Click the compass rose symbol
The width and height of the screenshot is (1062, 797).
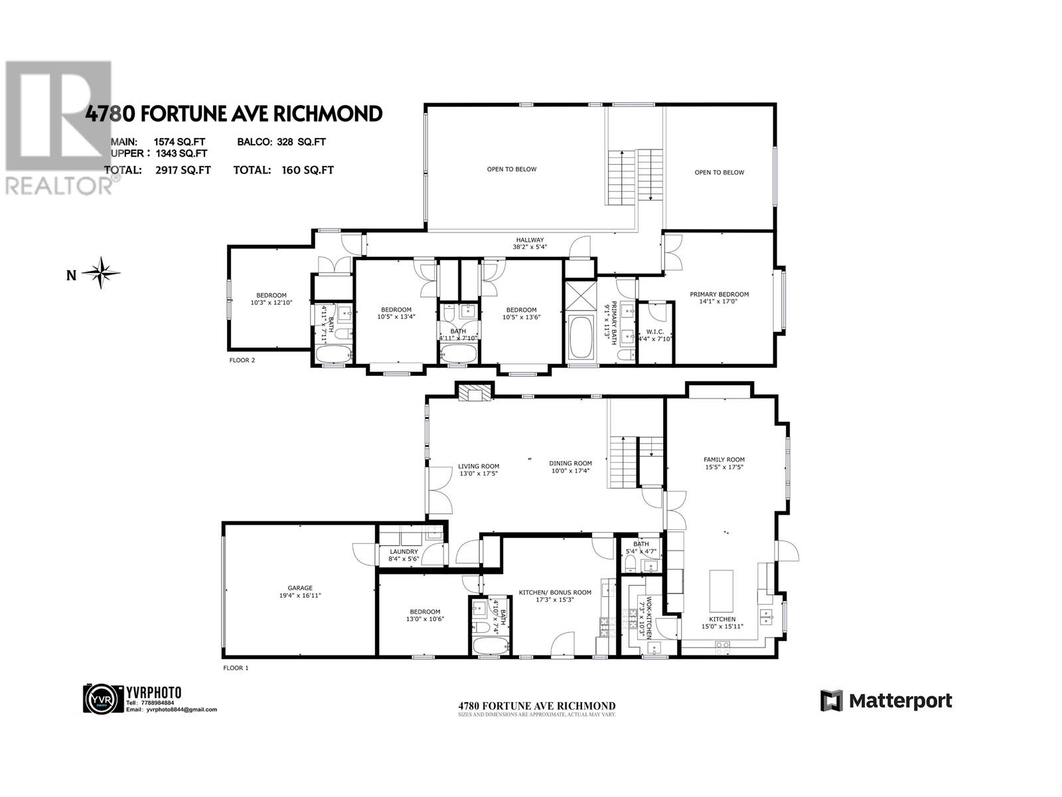pyautogui.click(x=101, y=272)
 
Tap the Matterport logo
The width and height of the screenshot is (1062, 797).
pyautogui.click(x=886, y=701)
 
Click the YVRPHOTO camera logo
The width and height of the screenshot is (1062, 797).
pyautogui.click(x=103, y=699)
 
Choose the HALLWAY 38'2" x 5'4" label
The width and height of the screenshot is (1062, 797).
pyautogui.click(x=530, y=244)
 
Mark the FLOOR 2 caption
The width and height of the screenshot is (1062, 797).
pyautogui.click(x=242, y=361)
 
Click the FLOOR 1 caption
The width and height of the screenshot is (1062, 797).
pyautogui.click(x=235, y=668)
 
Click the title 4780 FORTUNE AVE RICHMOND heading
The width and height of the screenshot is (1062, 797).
pyautogui.click(x=234, y=114)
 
